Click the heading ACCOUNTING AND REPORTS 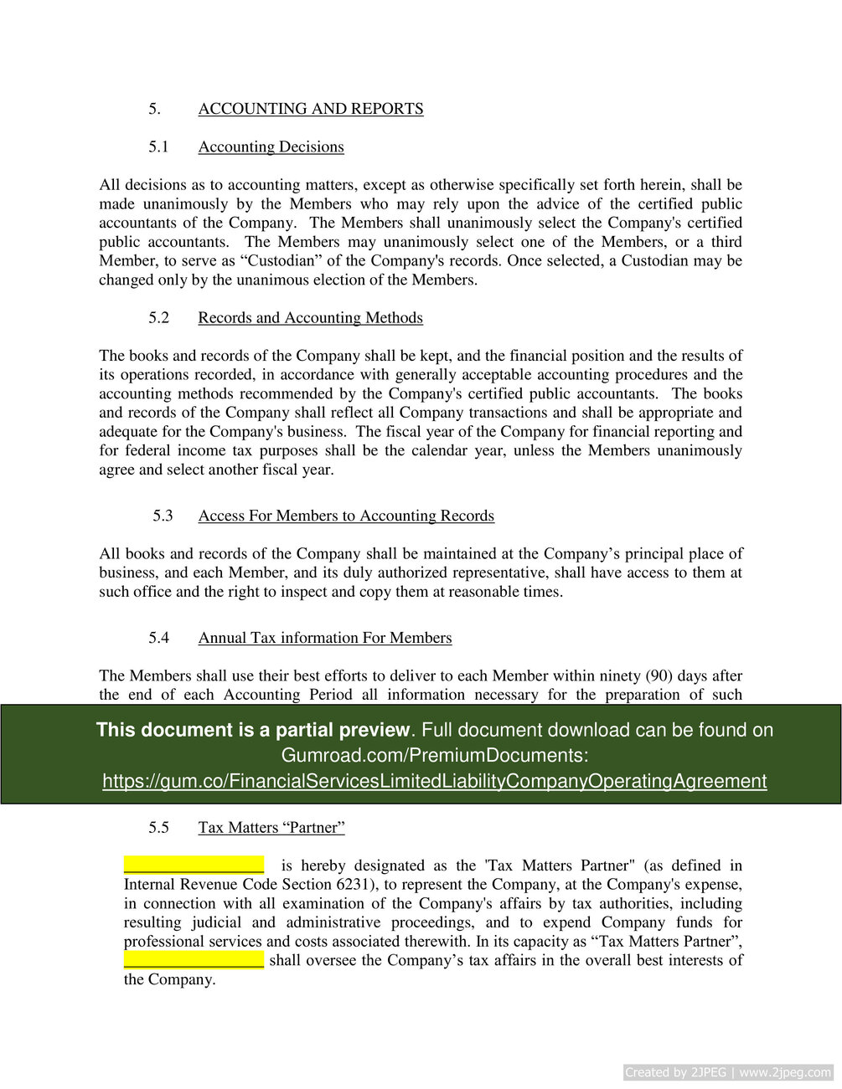[x=310, y=109]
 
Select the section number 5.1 [x=158, y=146]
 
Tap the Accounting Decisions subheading [x=271, y=146]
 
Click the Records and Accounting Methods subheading [x=310, y=317]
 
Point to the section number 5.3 [x=163, y=516]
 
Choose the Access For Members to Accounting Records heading [x=346, y=516]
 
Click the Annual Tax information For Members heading [x=324, y=638]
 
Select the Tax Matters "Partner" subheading [x=271, y=828]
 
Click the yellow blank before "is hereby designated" [x=194, y=865]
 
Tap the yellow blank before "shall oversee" [x=194, y=959]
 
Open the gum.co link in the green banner [x=434, y=781]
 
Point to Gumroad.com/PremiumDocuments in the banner [x=434, y=755]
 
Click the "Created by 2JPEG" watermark [x=727, y=1072]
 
